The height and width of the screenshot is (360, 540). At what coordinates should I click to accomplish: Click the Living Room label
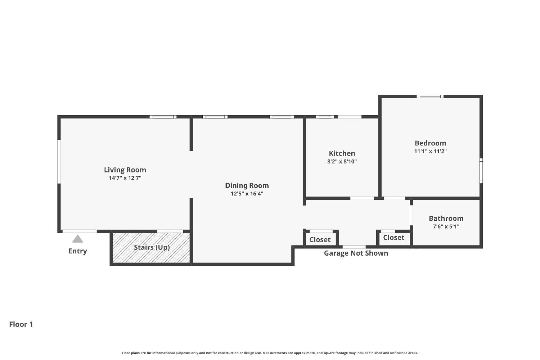tap(125, 170)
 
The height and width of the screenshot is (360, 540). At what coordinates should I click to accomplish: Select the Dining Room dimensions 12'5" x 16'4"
tap(247, 194)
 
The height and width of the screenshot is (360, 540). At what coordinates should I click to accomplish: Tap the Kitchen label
tap(342, 153)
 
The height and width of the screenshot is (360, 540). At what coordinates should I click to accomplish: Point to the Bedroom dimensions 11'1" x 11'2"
tap(430, 151)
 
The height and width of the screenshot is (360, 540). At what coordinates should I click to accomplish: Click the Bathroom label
tap(446, 219)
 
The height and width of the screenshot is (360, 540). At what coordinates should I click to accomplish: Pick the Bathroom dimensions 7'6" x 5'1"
tap(446, 226)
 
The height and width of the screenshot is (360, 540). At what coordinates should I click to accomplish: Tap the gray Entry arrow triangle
tap(77, 239)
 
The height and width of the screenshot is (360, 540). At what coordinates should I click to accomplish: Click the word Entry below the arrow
tap(78, 251)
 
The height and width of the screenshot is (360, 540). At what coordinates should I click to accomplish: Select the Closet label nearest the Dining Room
tap(320, 240)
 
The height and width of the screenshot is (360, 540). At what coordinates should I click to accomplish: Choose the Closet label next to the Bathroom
tap(393, 238)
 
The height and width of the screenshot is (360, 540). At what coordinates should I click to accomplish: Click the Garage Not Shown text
tap(356, 253)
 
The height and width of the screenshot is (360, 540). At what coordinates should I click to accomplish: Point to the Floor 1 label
tap(21, 324)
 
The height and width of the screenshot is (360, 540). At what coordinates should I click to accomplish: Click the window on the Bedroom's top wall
tap(430, 96)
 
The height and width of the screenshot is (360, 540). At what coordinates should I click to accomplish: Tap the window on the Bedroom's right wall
tap(481, 171)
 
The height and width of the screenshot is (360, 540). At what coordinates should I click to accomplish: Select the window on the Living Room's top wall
tap(163, 117)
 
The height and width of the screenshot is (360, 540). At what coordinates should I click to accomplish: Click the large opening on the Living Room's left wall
tap(59, 161)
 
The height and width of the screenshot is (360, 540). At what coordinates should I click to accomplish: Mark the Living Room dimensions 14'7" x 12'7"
tap(125, 178)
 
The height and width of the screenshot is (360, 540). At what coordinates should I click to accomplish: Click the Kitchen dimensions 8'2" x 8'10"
tap(342, 162)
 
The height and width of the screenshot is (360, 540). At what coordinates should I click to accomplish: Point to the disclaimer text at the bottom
tap(270, 353)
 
